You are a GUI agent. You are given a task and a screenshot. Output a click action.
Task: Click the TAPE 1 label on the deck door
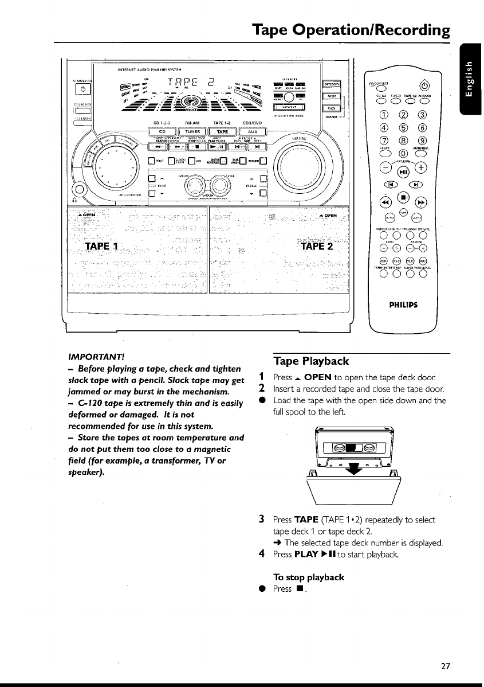coord(101,247)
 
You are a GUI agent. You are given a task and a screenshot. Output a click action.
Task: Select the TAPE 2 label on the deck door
coord(314,247)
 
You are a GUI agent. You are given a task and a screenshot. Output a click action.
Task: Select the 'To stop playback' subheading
coord(309,577)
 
